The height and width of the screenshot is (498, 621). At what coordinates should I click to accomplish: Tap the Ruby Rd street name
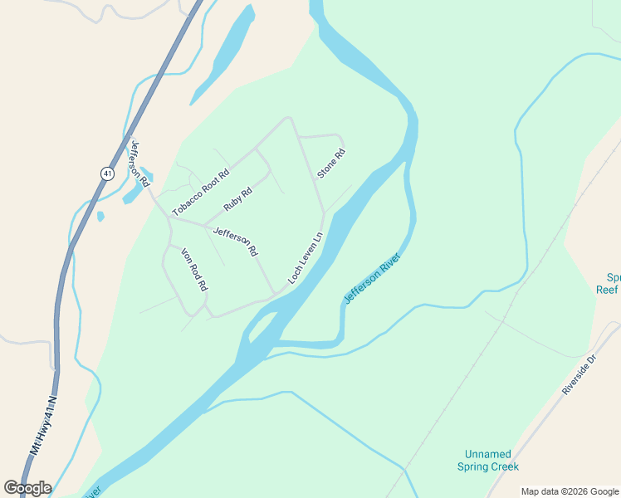tap(237, 199)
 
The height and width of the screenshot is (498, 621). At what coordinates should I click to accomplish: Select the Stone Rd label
tap(330, 163)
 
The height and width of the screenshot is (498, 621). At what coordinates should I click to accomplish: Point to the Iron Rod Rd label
tap(193, 270)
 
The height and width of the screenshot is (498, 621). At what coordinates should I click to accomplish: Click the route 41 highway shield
tap(107, 173)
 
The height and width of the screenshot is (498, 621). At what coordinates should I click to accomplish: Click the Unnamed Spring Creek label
tap(487, 460)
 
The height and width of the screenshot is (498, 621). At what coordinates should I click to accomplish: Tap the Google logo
tap(27, 487)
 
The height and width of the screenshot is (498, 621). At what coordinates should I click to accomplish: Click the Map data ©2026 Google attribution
tap(570, 491)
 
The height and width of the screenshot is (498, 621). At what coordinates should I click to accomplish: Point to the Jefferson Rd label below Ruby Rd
tap(236, 241)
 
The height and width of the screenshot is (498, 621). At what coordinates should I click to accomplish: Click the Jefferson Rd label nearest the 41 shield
tap(139, 163)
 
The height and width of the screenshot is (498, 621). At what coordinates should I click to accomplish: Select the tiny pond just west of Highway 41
tap(100, 217)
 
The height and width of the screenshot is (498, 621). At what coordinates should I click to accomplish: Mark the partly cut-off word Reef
tap(608, 290)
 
